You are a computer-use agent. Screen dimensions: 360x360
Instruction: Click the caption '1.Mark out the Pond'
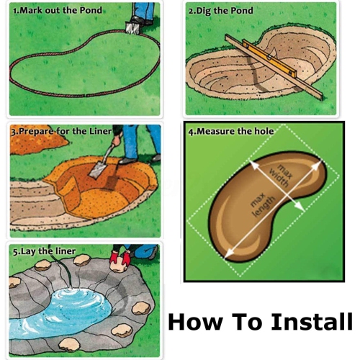[57, 11]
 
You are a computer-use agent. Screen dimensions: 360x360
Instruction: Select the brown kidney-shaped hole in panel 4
[238, 230]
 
